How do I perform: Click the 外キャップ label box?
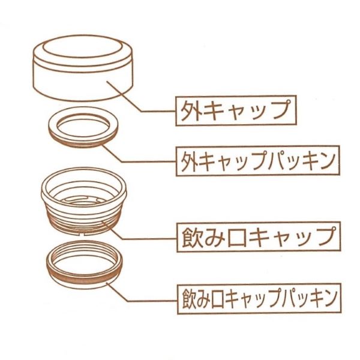point(236,110)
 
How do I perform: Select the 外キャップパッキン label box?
point(257,160)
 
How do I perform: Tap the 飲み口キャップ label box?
point(259,237)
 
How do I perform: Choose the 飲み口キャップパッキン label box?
point(259,298)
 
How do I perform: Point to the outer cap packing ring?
point(83,130)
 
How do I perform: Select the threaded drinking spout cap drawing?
point(84,201)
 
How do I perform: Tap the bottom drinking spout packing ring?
point(84,265)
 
